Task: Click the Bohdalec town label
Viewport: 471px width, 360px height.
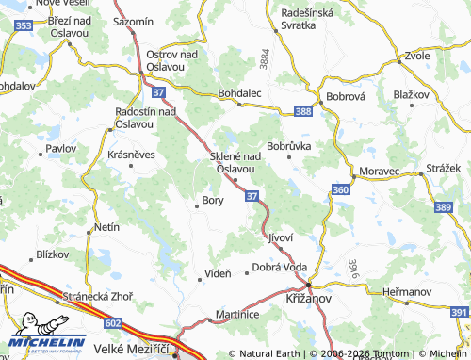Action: pyautogui.click(x=239, y=92)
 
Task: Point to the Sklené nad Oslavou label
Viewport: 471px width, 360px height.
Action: pyautogui.click(x=235, y=162)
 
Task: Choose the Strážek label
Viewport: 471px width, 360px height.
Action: pyautogui.click(x=443, y=167)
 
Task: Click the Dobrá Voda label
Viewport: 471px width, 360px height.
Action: pyautogui.click(x=280, y=268)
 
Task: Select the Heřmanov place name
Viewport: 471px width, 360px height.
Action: pyautogui.click(x=407, y=292)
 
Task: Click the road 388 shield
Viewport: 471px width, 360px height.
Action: pyautogui.click(x=302, y=111)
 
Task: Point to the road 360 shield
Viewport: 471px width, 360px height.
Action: pyautogui.click(x=340, y=190)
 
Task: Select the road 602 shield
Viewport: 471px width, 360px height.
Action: pyautogui.click(x=114, y=323)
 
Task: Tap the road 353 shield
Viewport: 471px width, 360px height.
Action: pyautogui.click(x=24, y=26)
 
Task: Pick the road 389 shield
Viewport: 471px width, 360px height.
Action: pyautogui.click(x=444, y=206)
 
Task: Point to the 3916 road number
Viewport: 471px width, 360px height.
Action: pyautogui.click(x=353, y=270)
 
